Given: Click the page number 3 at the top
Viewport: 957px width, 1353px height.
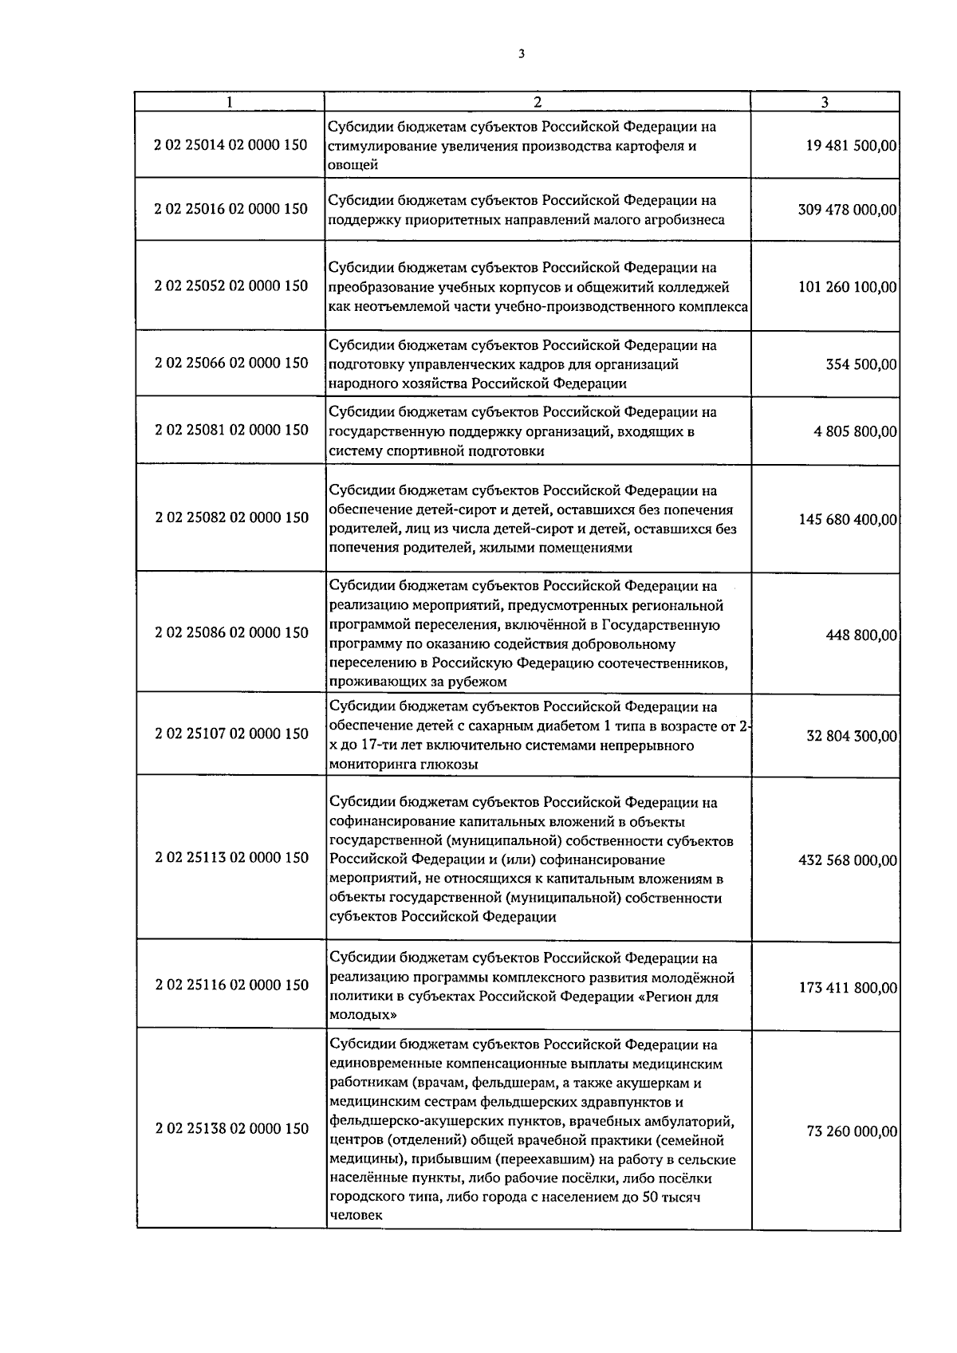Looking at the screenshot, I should tap(521, 54).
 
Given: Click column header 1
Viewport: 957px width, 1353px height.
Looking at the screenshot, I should tap(230, 102).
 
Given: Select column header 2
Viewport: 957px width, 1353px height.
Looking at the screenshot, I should tap(538, 102).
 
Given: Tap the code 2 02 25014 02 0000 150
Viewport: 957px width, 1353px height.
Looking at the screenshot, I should tap(231, 146).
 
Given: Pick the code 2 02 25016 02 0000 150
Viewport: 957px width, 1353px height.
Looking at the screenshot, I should tap(231, 209).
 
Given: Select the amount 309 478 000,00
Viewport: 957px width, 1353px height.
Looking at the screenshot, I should tap(847, 210).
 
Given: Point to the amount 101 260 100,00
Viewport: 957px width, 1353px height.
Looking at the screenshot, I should tap(847, 287).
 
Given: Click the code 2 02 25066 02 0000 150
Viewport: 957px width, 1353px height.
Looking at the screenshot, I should tap(231, 364).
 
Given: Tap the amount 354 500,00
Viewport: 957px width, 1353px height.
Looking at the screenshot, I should tap(861, 365).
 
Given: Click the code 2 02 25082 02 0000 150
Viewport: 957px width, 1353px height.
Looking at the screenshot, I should tap(231, 517).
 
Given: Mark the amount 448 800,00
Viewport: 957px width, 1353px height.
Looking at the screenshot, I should tap(861, 635).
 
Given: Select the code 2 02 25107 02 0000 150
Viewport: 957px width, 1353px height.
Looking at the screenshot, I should tap(231, 734).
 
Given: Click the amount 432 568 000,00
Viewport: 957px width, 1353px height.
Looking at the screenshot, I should tap(847, 861).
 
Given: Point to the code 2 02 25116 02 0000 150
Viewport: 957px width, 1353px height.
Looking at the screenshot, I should tap(231, 985).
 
